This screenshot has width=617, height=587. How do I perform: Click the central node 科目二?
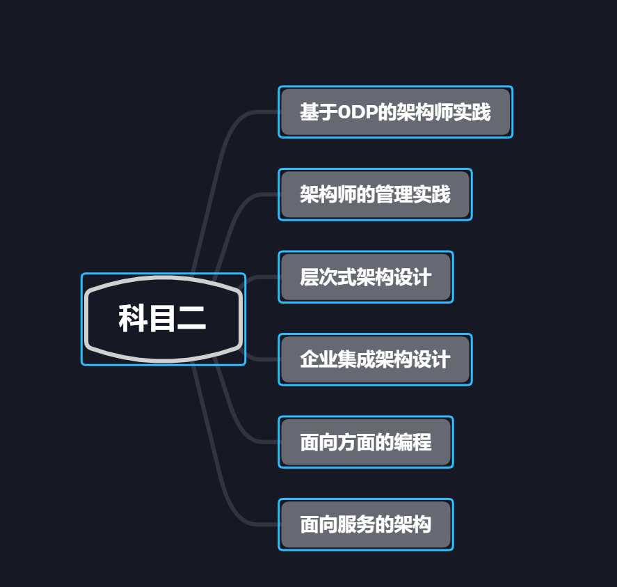(x=163, y=319)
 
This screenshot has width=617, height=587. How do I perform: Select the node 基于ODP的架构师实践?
(x=395, y=112)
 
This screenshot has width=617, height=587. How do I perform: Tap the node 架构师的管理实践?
(x=375, y=194)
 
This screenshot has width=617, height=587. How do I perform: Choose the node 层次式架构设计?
(x=365, y=277)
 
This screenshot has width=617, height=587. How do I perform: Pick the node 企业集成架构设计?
(x=375, y=359)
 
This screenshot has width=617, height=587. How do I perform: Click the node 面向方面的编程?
(x=365, y=442)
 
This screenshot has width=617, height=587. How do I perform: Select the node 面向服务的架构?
(x=365, y=524)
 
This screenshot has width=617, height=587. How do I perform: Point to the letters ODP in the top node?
(x=357, y=112)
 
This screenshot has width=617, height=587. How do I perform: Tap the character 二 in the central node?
(x=191, y=319)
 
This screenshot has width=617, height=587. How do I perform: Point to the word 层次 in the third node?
(x=319, y=277)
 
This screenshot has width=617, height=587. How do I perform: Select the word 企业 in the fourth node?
(x=319, y=359)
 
